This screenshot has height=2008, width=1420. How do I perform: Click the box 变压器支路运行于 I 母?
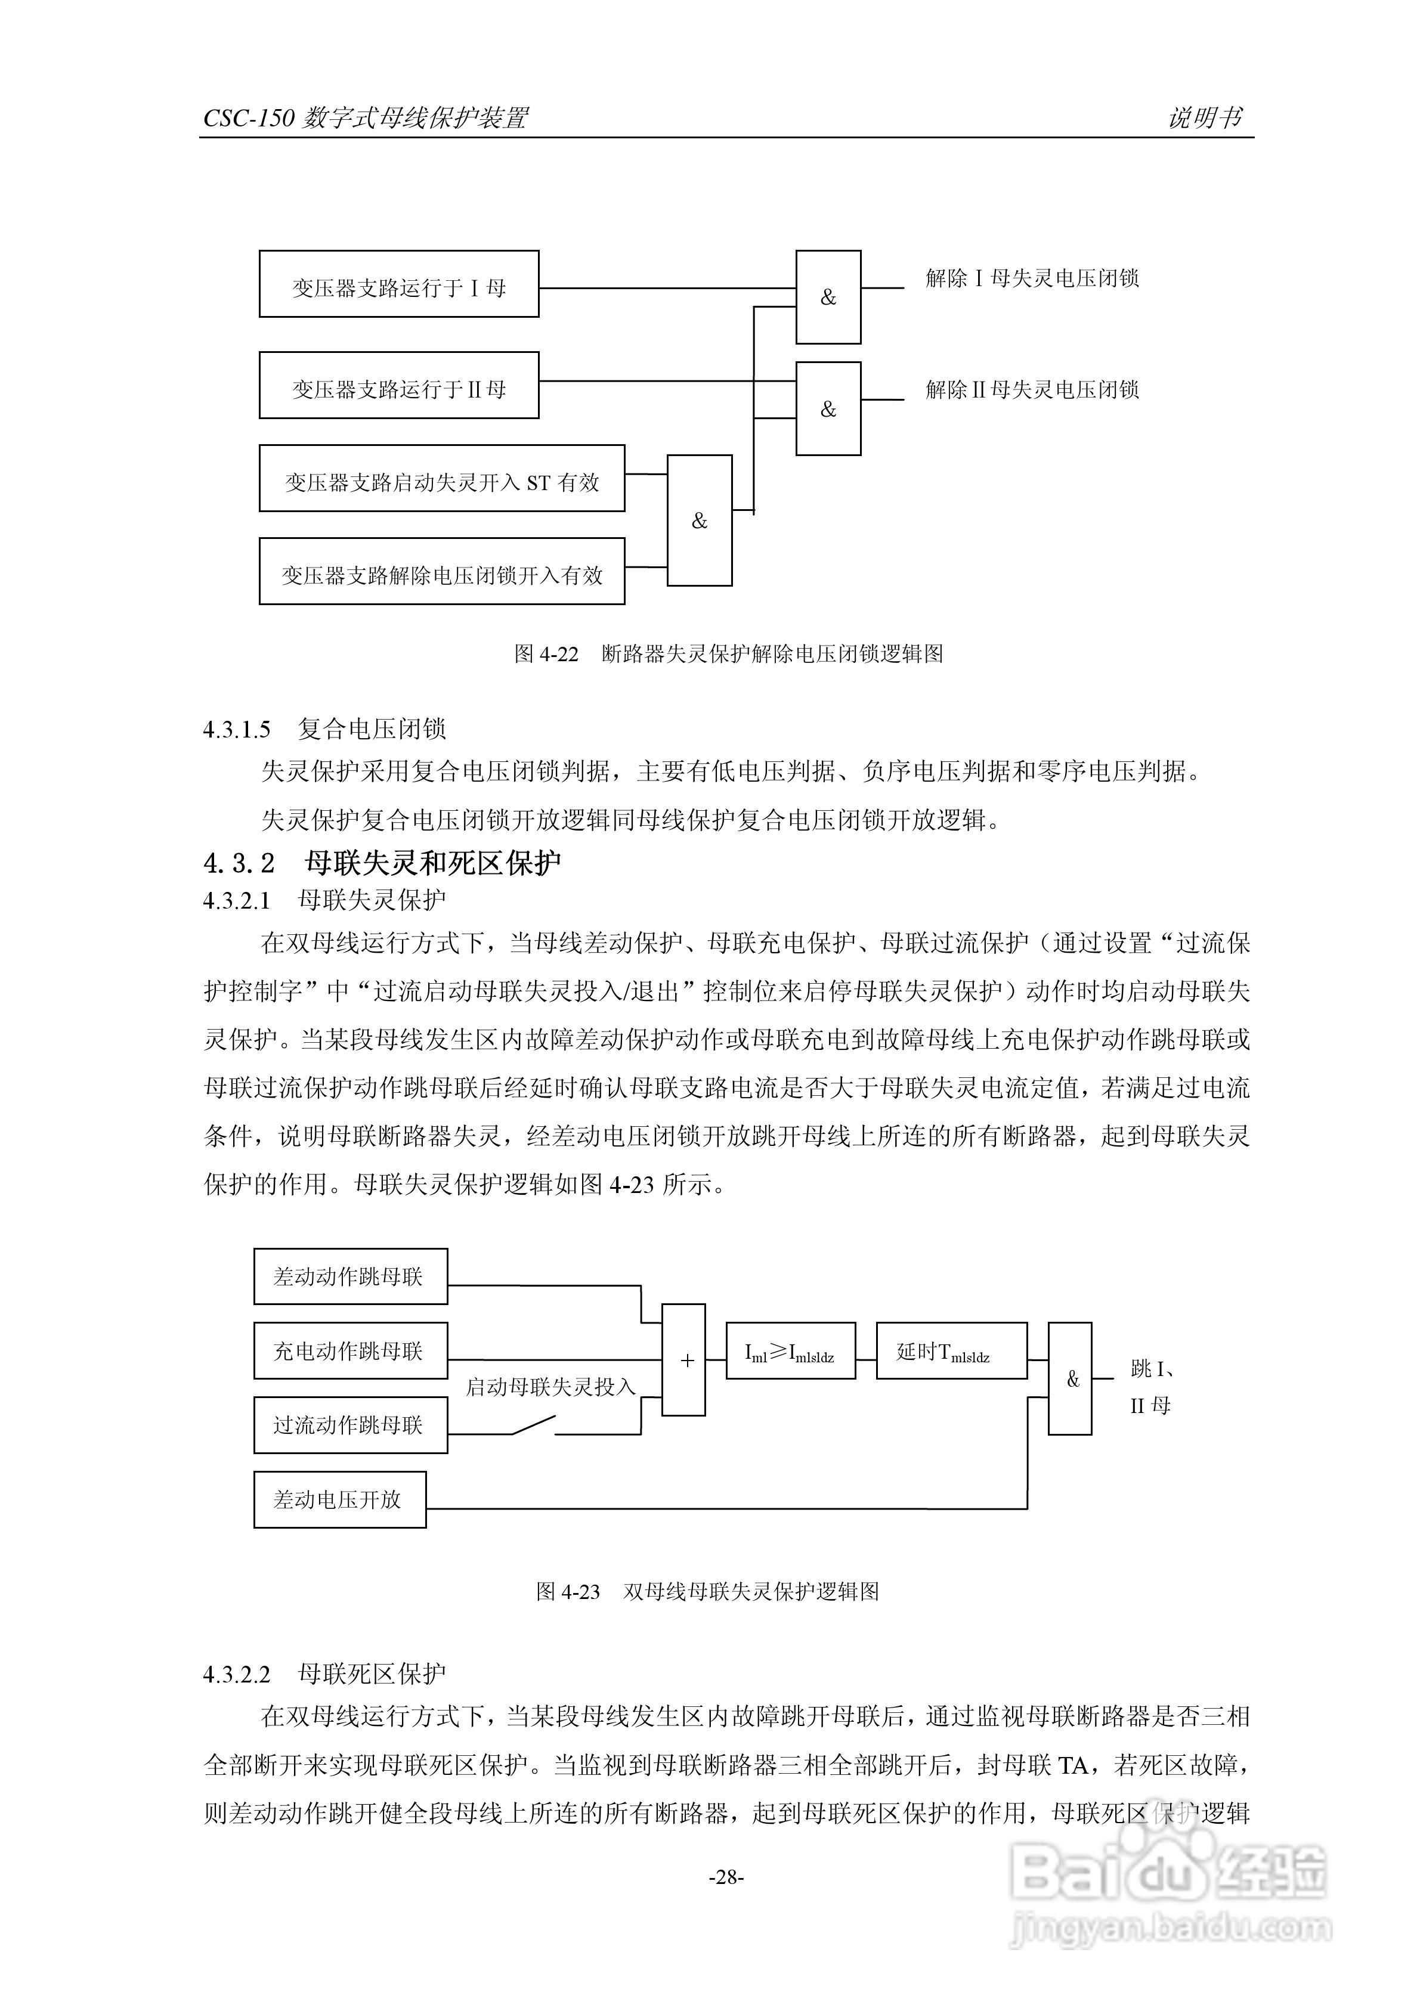coord(398,284)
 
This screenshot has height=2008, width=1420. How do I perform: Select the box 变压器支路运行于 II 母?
coord(398,386)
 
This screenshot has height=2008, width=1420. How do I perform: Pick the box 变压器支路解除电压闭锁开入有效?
coord(442,571)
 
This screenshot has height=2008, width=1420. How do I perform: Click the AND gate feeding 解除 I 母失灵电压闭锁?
coord(828,298)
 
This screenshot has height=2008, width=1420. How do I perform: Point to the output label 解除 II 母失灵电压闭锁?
coord(1032,389)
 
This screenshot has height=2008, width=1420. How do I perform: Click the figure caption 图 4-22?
coord(728,653)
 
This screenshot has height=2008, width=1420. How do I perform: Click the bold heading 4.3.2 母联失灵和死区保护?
coord(382,863)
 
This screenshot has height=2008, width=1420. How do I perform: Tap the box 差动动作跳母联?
coord(350,1277)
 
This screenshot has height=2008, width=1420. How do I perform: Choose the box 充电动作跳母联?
coord(350,1351)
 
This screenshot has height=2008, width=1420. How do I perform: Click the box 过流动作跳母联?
coord(350,1426)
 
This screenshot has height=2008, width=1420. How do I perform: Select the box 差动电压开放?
coord(339,1500)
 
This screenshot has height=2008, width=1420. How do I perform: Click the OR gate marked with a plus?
coord(683,1360)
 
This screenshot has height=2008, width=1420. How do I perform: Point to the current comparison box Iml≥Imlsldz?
coord(790,1351)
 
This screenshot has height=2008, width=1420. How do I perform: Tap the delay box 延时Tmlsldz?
coord(951,1351)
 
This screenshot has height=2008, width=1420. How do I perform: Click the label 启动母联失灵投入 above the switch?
coord(549,1387)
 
